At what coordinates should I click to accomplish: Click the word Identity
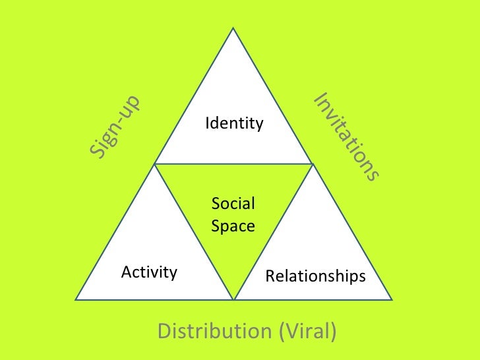point(234,123)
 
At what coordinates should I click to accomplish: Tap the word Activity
point(150,272)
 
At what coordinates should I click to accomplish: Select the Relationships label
point(315,276)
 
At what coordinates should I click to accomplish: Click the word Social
point(233,204)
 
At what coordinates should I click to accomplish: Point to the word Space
point(233,225)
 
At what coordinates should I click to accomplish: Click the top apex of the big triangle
point(234,28)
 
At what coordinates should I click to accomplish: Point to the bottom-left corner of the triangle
point(76,299)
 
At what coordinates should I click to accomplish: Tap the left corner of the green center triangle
point(156,164)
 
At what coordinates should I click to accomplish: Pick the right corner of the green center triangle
point(313,164)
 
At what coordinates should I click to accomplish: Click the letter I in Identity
point(208,123)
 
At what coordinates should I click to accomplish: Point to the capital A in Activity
point(127,272)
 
